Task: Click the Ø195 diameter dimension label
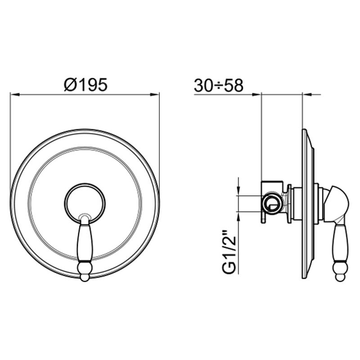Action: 86,85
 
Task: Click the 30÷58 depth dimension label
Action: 219,85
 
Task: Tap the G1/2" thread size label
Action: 229,255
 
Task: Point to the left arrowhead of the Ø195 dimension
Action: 14,94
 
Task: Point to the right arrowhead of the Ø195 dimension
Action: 154,94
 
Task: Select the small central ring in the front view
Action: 85,184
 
